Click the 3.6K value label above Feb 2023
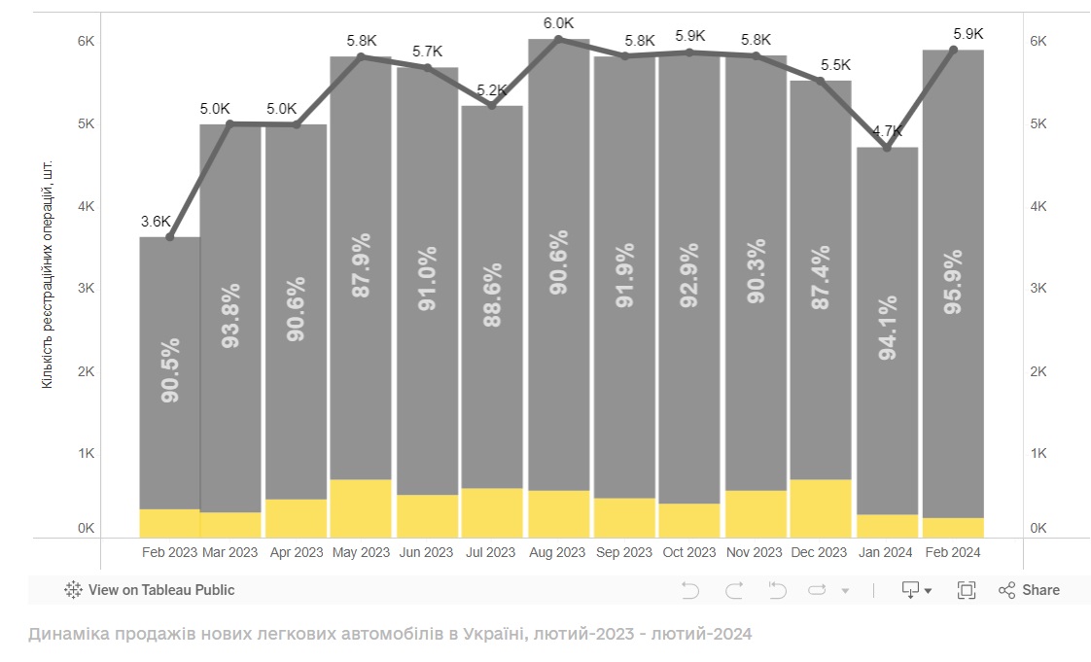(156, 221)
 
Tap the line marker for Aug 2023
(558, 39)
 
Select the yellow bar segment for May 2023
(361, 507)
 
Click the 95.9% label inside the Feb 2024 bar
(953, 282)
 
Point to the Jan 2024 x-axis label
(885, 552)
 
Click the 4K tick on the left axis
(86, 206)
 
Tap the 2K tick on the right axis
(1038, 371)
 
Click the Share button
(1030, 590)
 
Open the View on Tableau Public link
(150, 590)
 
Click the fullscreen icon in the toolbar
(967, 590)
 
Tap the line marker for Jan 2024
(887, 148)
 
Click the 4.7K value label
(887, 131)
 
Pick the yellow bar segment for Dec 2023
(821, 507)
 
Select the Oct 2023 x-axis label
(689, 552)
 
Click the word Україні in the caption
(485, 634)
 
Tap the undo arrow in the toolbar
(689, 590)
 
